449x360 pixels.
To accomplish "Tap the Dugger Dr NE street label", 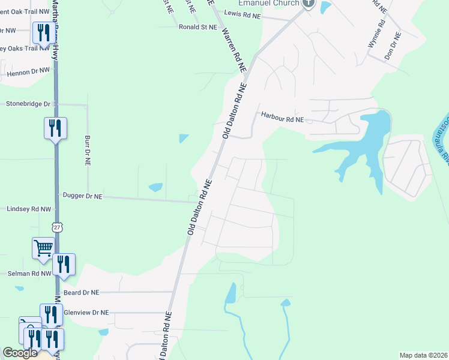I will pyautogui.click(x=83, y=196).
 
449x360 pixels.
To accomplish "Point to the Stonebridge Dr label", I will pyautogui.click(x=28, y=104).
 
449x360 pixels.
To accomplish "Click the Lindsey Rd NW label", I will pyautogui.click(x=28, y=209).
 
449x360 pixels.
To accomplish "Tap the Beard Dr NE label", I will pyautogui.click(x=81, y=292).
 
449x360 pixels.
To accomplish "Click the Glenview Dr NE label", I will pyautogui.click(x=86, y=313).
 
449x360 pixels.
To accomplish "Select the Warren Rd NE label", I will pyautogui.click(x=234, y=51).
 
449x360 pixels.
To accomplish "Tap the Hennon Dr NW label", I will pyautogui.click(x=28, y=71).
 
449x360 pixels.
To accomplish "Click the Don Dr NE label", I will pyautogui.click(x=396, y=43).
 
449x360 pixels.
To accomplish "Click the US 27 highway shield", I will pyautogui.click(x=57, y=227).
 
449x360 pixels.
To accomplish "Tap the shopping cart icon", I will pyautogui.click(x=43, y=247).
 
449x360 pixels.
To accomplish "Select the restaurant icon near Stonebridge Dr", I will pyautogui.click(x=55, y=128).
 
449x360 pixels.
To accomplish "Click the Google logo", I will pyautogui.click(x=20, y=353).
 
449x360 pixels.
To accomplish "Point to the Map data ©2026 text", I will pyautogui.click(x=424, y=355).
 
